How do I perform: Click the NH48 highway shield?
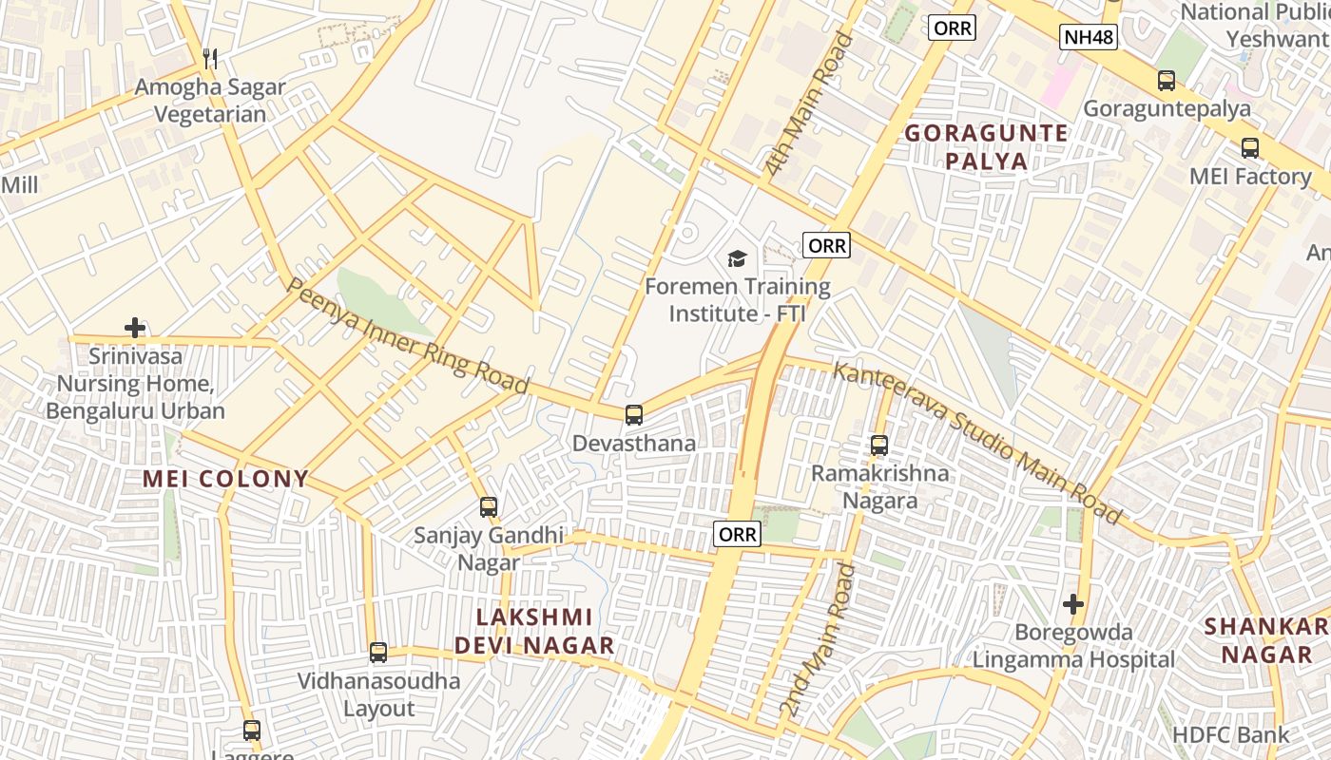(x=1089, y=38)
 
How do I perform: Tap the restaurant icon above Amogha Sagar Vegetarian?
(x=210, y=59)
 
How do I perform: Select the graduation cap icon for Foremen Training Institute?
(x=737, y=258)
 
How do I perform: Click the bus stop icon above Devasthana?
(x=633, y=415)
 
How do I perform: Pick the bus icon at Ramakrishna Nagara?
(x=879, y=445)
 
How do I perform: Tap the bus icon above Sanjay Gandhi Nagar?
(x=489, y=507)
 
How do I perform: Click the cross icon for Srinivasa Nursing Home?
(x=135, y=329)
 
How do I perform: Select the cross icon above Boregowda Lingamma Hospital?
(x=1073, y=603)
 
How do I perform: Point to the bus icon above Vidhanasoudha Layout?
(x=378, y=653)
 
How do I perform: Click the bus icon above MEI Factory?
(x=1250, y=148)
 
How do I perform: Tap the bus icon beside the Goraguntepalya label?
(x=1167, y=81)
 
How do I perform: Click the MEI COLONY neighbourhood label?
(x=226, y=479)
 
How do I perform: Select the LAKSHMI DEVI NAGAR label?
(x=534, y=632)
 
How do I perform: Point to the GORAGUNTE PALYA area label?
(x=986, y=146)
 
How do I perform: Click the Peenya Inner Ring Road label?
(x=408, y=336)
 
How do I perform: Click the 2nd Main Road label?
(x=819, y=641)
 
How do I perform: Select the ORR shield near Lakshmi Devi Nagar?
(x=737, y=535)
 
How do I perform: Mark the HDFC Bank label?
(x=1231, y=734)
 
